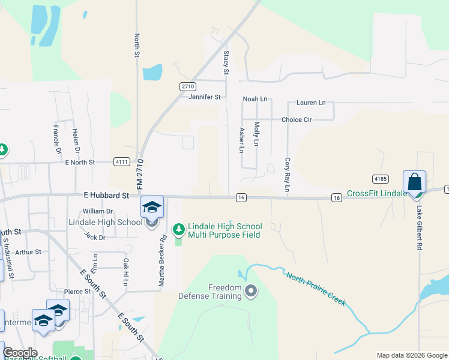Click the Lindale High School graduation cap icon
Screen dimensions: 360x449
pyautogui.click(x=152, y=207)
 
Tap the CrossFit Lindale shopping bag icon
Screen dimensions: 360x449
pyautogui.click(x=414, y=182)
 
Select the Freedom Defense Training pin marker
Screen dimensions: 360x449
pyautogui.click(x=252, y=292)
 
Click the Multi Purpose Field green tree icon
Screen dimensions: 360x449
pyautogui.click(x=178, y=229)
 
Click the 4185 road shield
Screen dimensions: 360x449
pyautogui.click(x=379, y=178)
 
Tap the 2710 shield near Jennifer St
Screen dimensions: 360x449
pyautogui.click(x=187, y=86)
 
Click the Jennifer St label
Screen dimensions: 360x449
pyautogui.click(x=205, y=97)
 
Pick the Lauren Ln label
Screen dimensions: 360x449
pyautogui.click(x=310, y=103)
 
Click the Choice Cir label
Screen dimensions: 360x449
pyautogui.click(x=297, y=119)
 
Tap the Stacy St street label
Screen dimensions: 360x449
pyautogui.click(x=226, y=62)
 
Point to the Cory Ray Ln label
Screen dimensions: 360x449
pyautogui.click(x=287, y=175)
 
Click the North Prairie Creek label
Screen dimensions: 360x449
pyautogui.click(x=316, y=289)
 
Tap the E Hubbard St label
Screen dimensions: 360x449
pyautogui.click(x=106, y=196)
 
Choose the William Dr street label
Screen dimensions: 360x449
pyautogui.click(x=98, y=211)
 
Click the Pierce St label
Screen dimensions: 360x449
pyautogui.click(x=78, y=292)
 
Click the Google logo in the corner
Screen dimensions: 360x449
pyautogui.click(x=20, y=353)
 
